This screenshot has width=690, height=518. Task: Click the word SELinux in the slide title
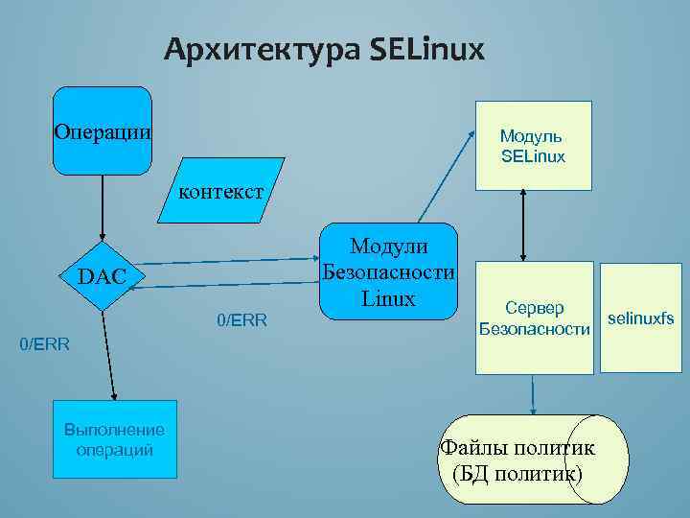[426, 48]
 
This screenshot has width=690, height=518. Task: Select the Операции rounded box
[102, 130]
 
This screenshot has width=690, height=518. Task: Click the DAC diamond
[102, 276]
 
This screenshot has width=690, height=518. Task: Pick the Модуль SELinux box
[533, 146]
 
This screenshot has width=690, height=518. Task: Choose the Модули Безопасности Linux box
[388, 271]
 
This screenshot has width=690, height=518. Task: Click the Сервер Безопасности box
[534, 318]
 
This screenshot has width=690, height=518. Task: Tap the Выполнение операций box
[115, 439]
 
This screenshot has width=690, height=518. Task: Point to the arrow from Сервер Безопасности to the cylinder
[532, 393]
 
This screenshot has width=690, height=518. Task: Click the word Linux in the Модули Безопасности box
[389, 297]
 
